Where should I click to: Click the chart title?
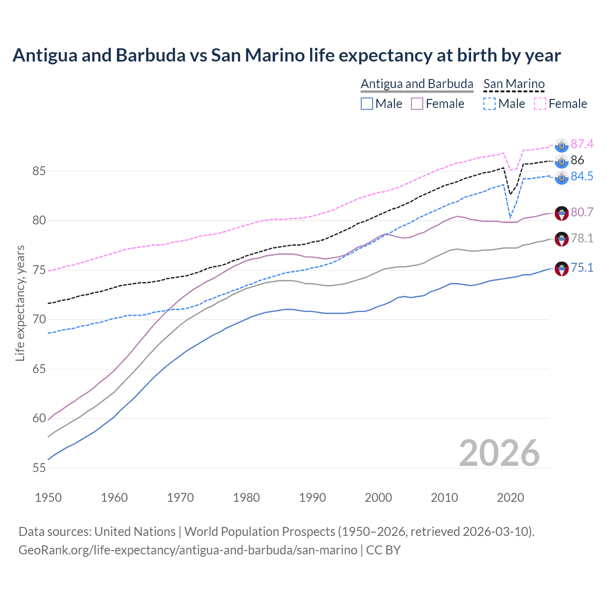[286, 55]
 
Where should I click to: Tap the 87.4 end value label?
[582, 144]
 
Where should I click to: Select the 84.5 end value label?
[582, 176]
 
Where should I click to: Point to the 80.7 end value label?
[582, 212]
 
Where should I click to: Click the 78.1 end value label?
[582, 238]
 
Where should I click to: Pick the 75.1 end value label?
[582, 268]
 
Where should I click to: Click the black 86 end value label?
[577, 160]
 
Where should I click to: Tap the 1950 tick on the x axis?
[48, 498]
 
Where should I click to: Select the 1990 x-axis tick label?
[312, 498]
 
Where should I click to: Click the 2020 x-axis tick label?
[510, 498]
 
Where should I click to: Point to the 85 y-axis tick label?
[39, 171]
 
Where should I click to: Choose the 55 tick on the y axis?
[39, 468]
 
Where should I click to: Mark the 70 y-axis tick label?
[39, 320]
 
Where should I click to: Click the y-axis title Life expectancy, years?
[20, 303]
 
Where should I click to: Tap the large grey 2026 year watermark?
[499, 453]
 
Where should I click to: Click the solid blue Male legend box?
[367, 104]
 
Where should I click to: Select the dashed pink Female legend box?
[540, 104]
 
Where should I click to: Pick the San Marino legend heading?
[514, 84]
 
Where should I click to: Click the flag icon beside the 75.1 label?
[561, 268]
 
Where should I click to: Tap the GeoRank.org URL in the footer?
[188, 550]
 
